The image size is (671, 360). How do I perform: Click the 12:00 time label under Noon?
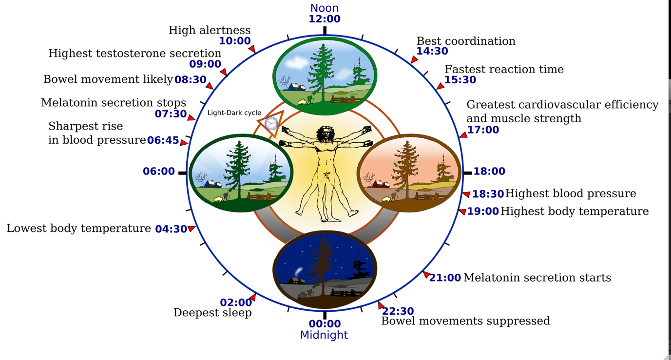point(324,19)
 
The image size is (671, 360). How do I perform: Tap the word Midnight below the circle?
point(324,335)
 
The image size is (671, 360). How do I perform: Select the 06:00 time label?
point(159,171)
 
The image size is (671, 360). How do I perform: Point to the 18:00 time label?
point(489,171)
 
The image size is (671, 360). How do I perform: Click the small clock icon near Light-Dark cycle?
point(271,124)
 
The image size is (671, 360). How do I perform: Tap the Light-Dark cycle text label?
point(234,113)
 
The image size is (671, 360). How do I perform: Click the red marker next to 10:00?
point(252,49)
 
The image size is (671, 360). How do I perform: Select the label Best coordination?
point(466,41)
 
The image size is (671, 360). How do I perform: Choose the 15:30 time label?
point(460,80)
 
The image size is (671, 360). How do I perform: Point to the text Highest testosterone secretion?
point(135,53)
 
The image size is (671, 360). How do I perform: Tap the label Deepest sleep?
point(212,313)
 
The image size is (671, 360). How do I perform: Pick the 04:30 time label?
point(171,229)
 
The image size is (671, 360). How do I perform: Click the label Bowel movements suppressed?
point(465,321)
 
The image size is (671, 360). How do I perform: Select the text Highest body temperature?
point(575,211)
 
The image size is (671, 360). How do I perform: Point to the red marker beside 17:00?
point(463,135)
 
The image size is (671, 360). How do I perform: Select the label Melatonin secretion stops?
point(114,103)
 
